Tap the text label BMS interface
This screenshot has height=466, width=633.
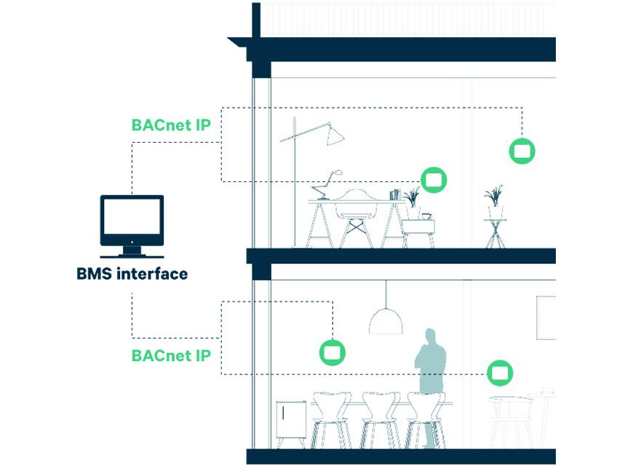click(x=132, y=275)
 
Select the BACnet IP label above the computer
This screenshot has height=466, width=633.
click(x=171, y=125)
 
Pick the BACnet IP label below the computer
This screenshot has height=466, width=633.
click(x=171, y=357)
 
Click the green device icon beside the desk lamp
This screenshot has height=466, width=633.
click(x=434, y=179)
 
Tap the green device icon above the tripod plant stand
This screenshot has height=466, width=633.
click(x=522, y=151)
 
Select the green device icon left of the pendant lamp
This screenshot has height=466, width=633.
click(x=333, y=352)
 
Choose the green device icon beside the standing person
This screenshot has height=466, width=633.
click(x=499, y=373)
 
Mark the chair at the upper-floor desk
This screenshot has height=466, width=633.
click(x=357, y=215)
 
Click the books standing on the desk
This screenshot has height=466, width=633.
click(x=394, y=194)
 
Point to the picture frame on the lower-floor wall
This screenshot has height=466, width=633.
click(x=547, y=317)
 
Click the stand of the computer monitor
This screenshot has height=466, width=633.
click(x=132, y=251)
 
